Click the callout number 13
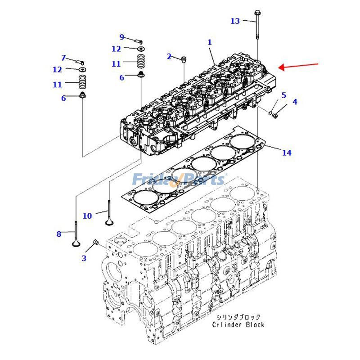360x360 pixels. [235, 21]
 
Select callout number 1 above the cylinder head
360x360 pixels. [209, 42]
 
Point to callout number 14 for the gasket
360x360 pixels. [287, 153]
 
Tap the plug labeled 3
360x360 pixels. [95, 243]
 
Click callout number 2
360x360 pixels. [169, 57]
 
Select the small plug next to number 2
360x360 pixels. [184, 59]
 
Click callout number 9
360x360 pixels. [121, 37]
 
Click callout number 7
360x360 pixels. [63, 58]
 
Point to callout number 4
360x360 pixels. [295, 102]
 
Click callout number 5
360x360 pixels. [283, 95]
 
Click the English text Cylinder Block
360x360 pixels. [238, 324]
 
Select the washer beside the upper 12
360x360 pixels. [141, 48]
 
